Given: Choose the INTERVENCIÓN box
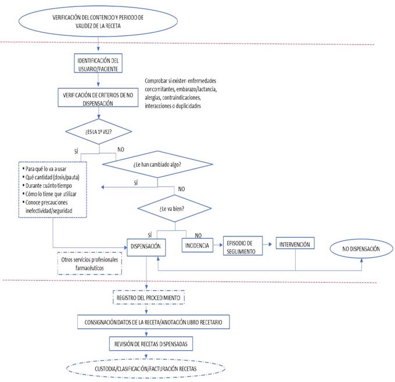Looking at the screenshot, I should pos(296,245).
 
